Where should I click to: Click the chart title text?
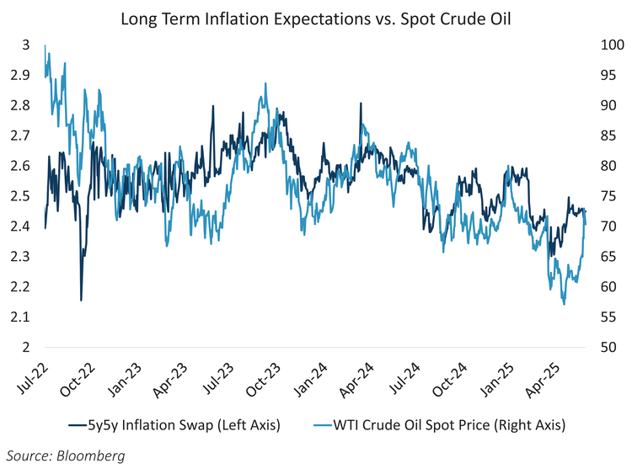pos(316,18)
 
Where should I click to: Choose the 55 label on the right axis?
pos(606,317)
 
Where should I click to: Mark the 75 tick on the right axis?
pos(606,196)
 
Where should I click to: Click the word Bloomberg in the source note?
pos(94,455)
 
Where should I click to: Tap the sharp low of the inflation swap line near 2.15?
pos(81,300)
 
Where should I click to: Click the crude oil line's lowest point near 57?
pos(564,304)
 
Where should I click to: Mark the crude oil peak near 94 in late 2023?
pos(266,83)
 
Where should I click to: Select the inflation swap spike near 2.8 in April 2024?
pos(361,104)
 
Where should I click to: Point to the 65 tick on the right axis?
pos(606,256)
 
